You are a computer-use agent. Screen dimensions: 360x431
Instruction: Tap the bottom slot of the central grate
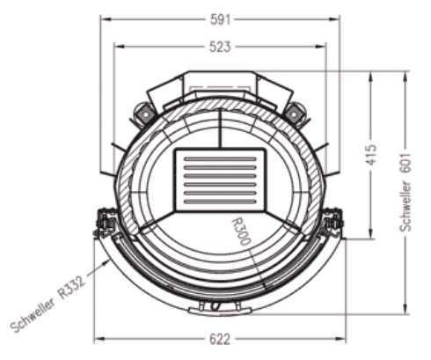click(x=220, y=202)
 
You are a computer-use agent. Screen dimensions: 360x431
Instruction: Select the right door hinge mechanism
click(x=333, y=223)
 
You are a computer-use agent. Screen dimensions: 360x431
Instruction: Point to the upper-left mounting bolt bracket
click(x=141, y=113)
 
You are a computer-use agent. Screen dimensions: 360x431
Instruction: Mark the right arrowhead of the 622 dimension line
click(x=342, y=338)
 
